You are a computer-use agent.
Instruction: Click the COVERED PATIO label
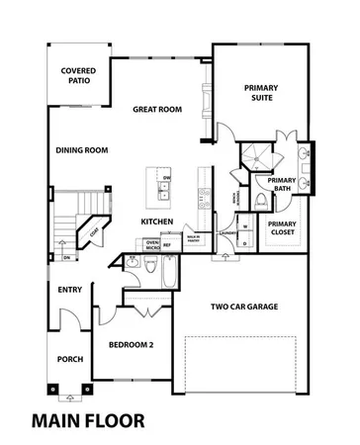pyautogui.click(x=78, y=77)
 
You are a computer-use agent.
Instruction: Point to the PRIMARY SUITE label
pyautogui.click(x=262, y=93)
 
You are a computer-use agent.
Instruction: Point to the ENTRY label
pyautogui.click(x=70, y=290)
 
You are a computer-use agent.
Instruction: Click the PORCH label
pyautogui.click(x=69, y=359)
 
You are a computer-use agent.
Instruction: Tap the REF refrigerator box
pyautogui.click(x=167, y=243)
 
